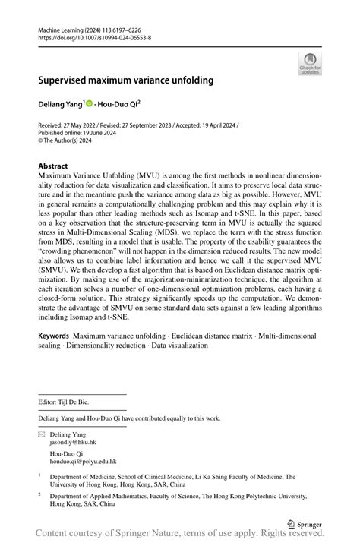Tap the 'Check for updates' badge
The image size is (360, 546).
click(x=311, y=65)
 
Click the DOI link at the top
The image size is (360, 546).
click(x=94, y=36)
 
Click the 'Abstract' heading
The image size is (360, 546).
click(x=52, y=166)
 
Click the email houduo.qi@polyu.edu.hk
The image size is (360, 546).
click(x=83, y=461)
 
